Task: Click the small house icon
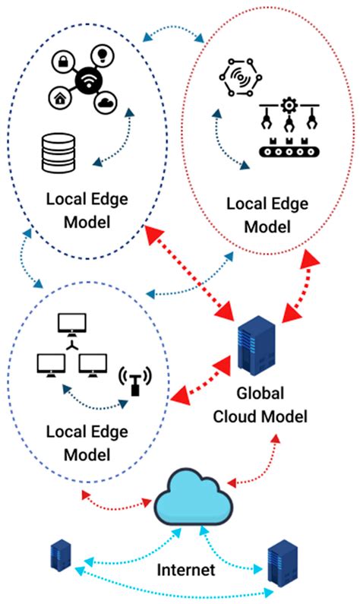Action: tap(58, 97)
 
